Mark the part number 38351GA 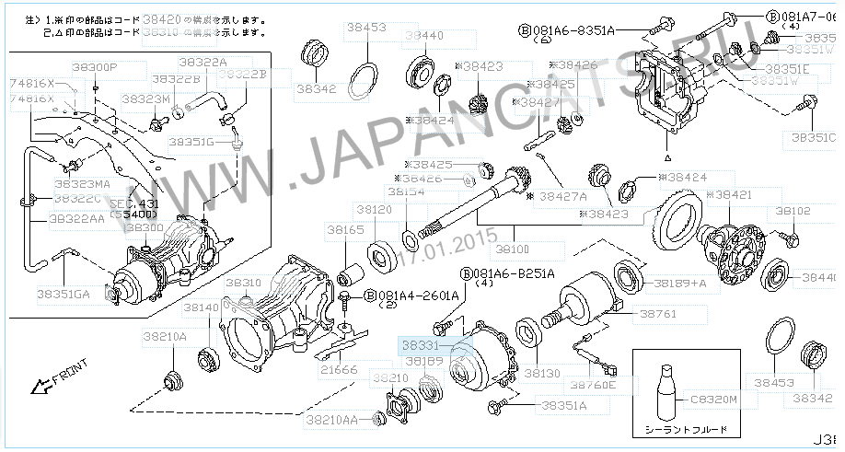click(64, 295)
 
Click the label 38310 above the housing click(245, 283)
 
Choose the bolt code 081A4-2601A click(419, 296)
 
